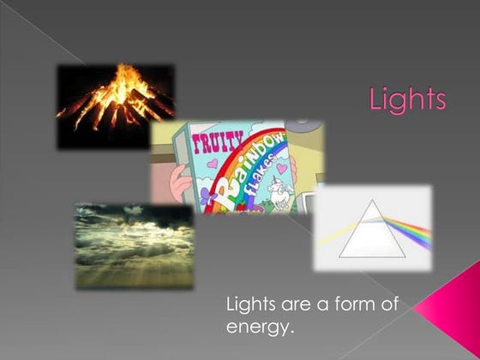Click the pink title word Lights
click(408, 99)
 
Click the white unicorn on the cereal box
click(279, 192)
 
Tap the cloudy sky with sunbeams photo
click(134, 245)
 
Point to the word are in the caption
click(297, 304)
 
